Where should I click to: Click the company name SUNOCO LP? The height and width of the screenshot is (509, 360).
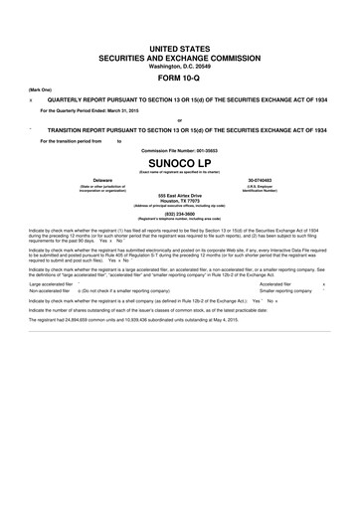[x=180, y=161]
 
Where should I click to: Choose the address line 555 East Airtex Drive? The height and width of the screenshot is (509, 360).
[x=180, y=196]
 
